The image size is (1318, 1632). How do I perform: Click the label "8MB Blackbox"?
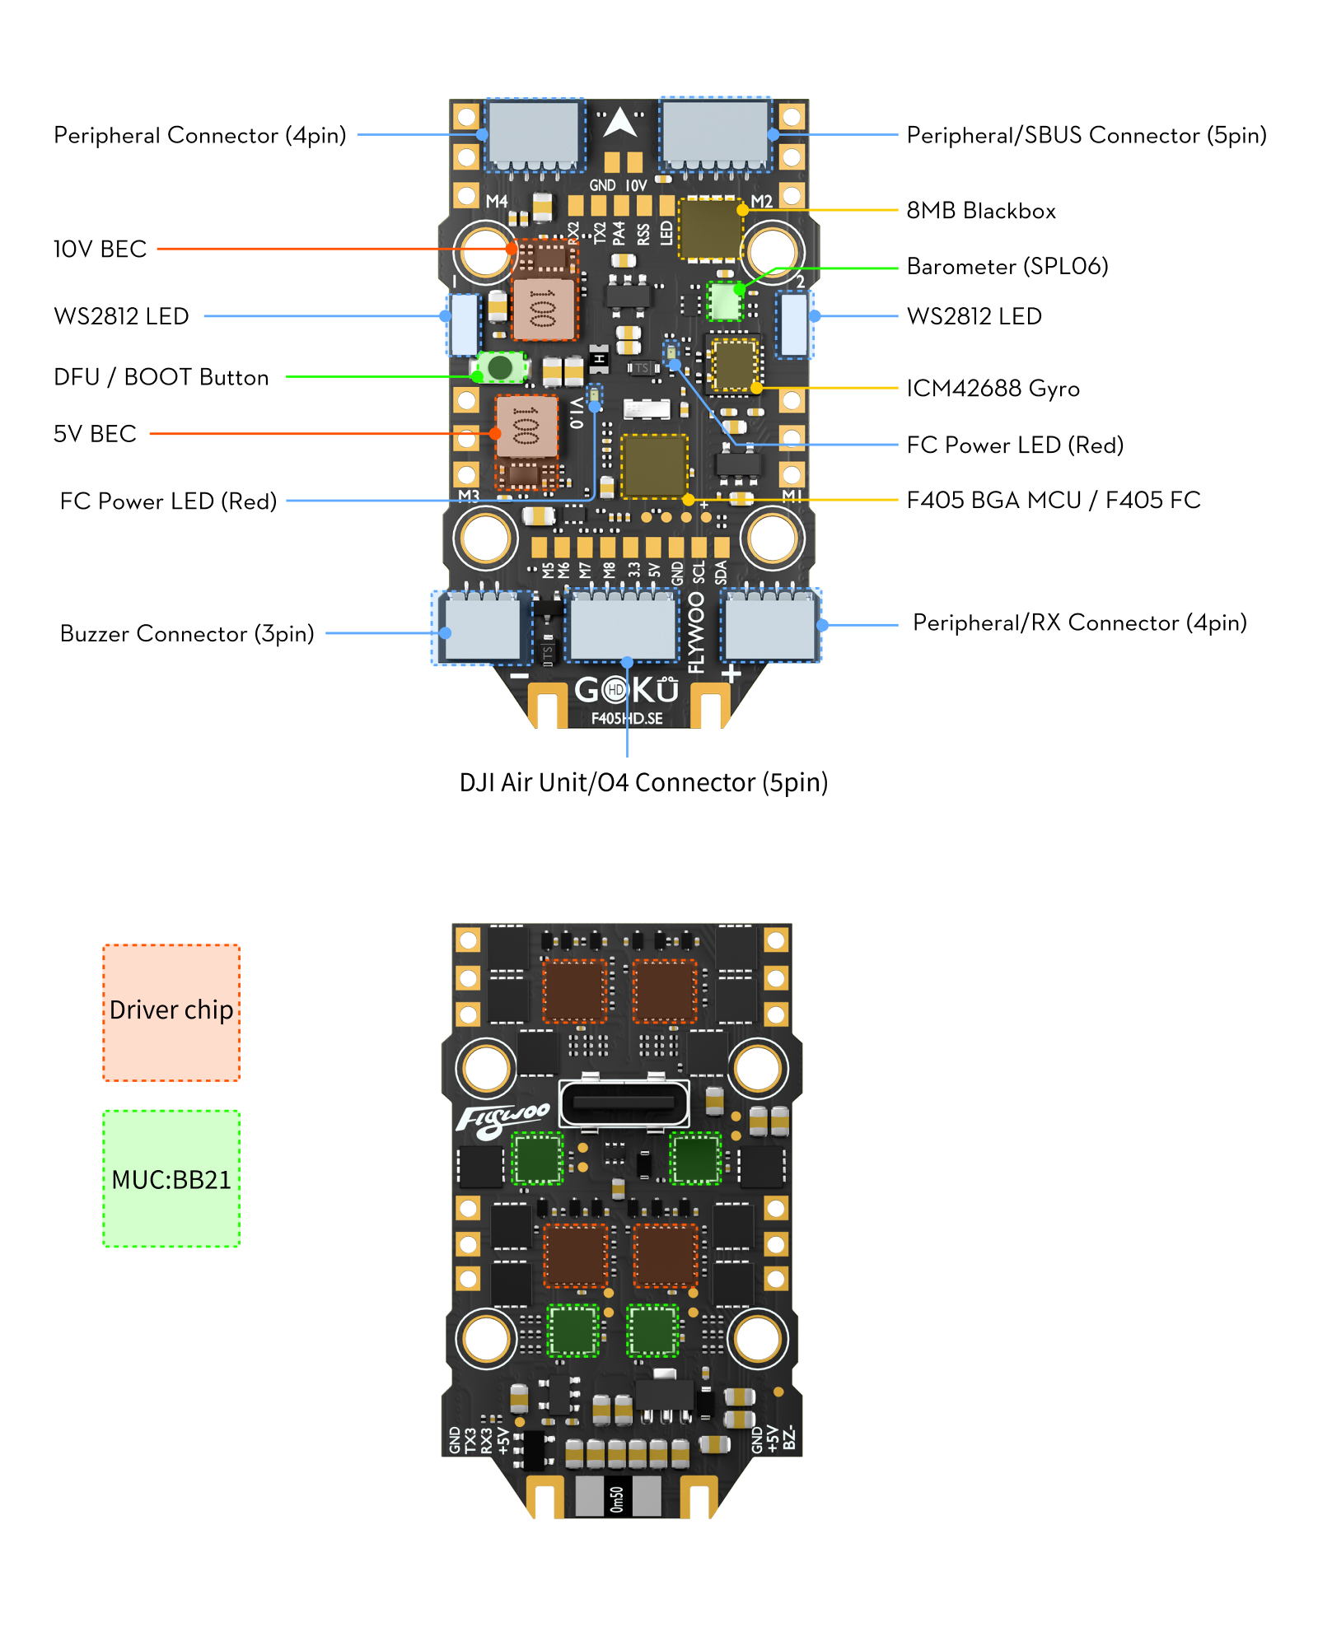click(980, 211)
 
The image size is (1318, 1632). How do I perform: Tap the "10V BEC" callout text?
click(100, 249)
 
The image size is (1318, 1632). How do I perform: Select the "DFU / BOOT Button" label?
click(161, 377)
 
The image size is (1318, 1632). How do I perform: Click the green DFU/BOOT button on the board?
click(499, 366)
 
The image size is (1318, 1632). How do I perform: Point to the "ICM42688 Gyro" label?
click(993, 388)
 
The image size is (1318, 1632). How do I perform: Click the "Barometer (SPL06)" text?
click(1007, 266)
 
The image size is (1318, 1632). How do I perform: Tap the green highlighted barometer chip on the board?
click(725, 302)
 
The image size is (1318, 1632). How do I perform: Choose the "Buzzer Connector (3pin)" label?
click(187, 633)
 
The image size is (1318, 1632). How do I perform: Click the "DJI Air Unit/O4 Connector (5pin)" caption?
click(643, 782)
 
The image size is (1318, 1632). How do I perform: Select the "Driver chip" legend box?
click(171, 1012)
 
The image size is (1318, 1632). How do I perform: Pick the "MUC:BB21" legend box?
click(171, 1178)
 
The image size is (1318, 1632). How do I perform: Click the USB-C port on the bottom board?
click(624, 1102)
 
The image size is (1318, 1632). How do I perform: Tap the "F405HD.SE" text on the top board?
click(627, 718)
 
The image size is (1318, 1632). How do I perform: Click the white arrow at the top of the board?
click(620, 123)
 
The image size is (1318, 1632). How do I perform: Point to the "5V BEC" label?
click(95, 434)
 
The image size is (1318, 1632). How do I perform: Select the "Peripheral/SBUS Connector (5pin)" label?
click(1086, 135)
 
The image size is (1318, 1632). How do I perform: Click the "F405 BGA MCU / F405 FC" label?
click(1053, 500)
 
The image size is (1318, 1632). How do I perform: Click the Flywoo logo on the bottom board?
click(502, 1120)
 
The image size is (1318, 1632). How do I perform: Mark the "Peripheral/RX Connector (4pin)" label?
click(1079, 622)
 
